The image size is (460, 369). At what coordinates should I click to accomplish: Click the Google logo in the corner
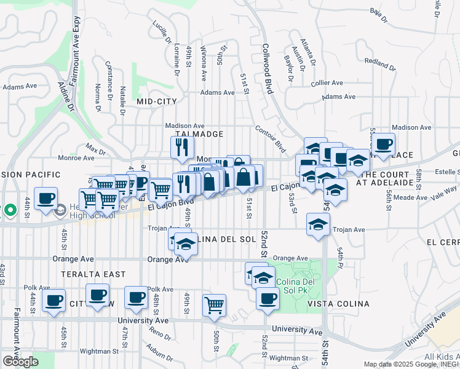coord(20,362)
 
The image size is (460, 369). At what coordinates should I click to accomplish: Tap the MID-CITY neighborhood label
coord(157,101)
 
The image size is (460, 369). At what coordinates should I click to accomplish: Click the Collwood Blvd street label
coord(267,68)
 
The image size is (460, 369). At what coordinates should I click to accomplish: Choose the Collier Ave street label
coord(327,82)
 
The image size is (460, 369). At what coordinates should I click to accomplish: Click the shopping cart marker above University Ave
coord(214,304)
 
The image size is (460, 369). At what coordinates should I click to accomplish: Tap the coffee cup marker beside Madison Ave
coord(383,145)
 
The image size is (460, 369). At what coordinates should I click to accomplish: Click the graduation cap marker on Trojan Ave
coord(318,224)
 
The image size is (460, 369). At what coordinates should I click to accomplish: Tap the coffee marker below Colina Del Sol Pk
coord(268,298)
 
